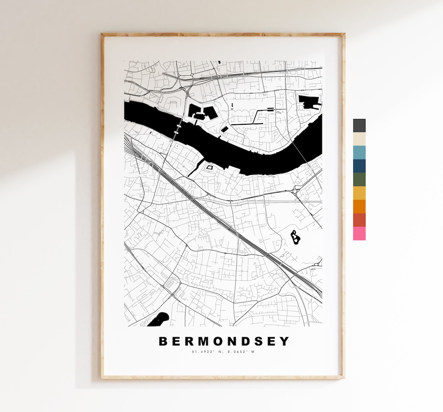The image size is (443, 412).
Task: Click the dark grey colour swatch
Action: [x=359, y=126]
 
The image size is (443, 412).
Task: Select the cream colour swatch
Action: [x=359, y=139]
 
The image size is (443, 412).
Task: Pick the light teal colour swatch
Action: [x=359, y=152]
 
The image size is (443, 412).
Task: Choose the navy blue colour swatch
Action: [x=359, y=166]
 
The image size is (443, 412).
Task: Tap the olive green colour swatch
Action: [x=359, y=179]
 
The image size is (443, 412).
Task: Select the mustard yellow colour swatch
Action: [x=359, y=193]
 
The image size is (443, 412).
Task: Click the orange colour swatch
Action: [x=359, y=206]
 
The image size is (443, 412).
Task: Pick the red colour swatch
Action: [x=359, y=220]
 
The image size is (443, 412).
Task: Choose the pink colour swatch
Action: [x=359, y=233]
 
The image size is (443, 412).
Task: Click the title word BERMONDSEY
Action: [x=224, y=341]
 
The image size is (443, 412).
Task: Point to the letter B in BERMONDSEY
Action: [x=163, y=341]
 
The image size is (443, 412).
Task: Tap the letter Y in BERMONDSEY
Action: [x=284, y=341]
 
